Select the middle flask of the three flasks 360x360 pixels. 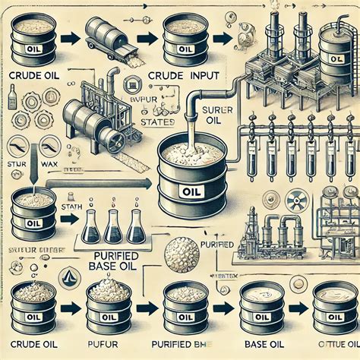pos(114,226)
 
